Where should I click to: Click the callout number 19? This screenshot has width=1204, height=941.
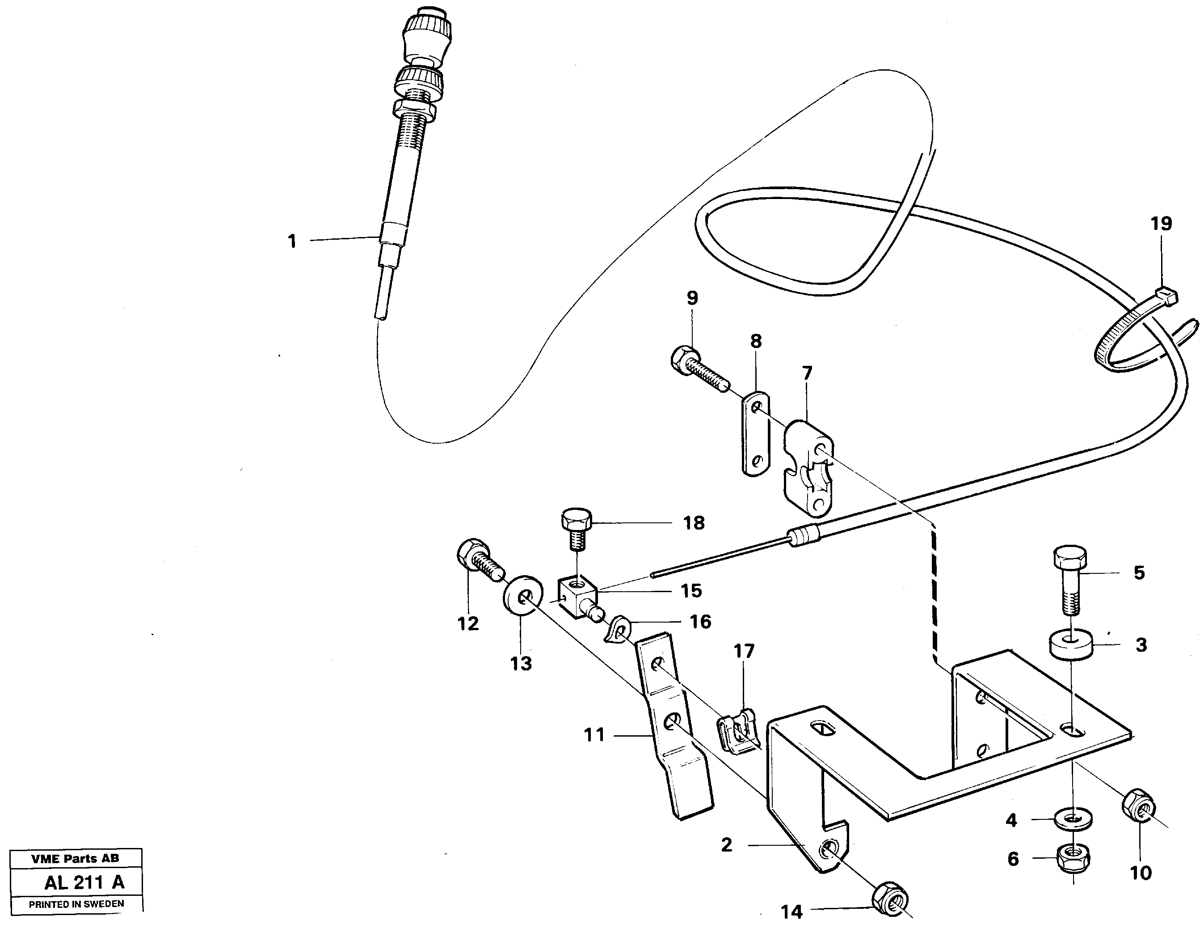pos(1161,224)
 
